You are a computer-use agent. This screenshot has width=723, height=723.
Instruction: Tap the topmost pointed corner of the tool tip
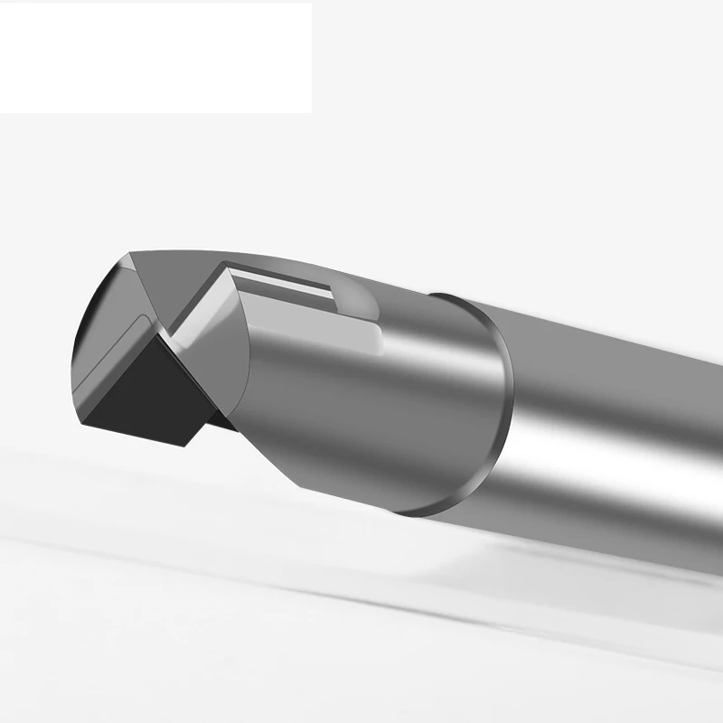[130, 253]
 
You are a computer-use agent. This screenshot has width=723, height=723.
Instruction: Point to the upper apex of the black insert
[161, 332]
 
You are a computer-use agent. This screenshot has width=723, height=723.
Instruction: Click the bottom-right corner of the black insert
[185, 445]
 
